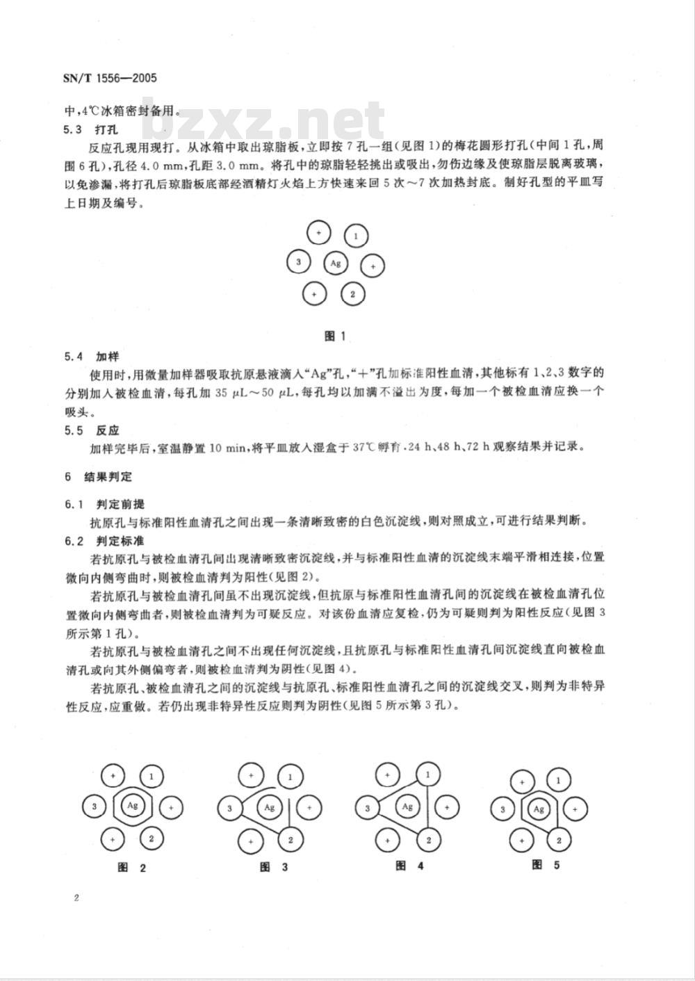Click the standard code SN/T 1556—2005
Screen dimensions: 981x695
[110, 77]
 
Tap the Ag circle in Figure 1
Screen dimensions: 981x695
[336, 263]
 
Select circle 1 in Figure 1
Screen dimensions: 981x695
[356, 236]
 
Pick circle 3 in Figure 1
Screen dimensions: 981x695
[299, 262]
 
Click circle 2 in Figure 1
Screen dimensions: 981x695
[353, 294]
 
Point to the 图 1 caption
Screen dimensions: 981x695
[336, 336]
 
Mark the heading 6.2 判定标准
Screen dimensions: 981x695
[99, 540]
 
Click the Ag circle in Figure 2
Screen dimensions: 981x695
[133, 806]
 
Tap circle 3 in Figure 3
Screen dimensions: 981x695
[229, 808]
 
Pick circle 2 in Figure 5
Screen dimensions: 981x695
[558, 840]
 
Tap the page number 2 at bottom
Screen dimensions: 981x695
[76, 898]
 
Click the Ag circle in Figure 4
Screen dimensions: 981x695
[408, 806]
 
